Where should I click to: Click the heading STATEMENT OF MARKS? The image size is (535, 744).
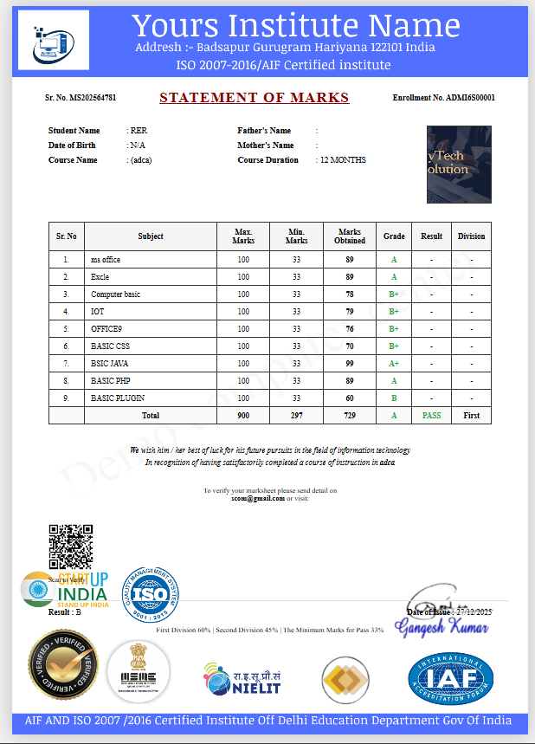tap(254, 98)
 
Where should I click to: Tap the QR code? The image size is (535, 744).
tap(70, 547)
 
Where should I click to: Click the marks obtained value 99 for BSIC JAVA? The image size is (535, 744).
tap(350, 364)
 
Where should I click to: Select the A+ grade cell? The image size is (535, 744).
tap(394, 364)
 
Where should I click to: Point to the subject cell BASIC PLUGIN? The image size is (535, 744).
tap(118, 398)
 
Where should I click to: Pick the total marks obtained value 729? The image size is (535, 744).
tap(350, 416)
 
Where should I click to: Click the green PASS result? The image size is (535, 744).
tap(431, 416)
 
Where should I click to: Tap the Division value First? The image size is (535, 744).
tap(471, 416)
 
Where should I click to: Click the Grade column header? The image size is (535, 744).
tap(394, 236)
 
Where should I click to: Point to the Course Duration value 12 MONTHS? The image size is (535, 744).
tap(343, 160)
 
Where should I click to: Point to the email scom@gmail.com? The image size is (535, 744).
tap(257, 499)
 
